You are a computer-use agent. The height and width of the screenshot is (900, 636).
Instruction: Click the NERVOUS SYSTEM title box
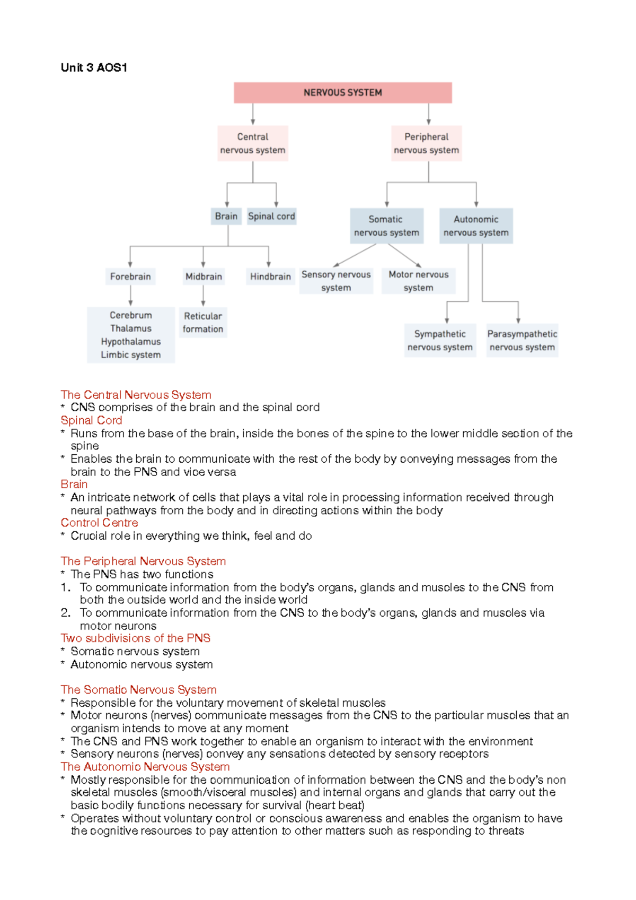[342, 92]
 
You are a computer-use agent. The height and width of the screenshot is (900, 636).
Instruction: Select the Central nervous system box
[253, 143]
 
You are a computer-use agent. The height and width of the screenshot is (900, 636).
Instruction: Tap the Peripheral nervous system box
[426, 143]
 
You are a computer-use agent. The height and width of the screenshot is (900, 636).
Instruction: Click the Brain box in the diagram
[226, 216]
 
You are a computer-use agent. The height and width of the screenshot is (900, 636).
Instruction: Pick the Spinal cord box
[271, 216]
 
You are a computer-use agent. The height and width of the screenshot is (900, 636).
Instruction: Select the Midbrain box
[204, 276]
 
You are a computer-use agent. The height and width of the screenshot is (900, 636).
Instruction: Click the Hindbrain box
[270, 276]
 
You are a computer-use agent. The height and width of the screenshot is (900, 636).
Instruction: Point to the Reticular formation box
[203, 322]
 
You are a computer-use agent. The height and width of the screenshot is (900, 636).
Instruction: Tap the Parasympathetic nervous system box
[522, 340]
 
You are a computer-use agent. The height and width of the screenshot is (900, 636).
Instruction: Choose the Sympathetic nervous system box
[440, 340]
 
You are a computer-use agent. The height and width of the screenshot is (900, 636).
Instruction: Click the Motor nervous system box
[418, 281]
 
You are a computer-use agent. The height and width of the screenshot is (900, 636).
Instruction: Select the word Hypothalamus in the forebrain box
[131, 342]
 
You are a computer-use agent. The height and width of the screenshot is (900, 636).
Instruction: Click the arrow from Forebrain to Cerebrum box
[130, 296]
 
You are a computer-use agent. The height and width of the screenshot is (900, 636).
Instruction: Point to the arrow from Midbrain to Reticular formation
[203, 296]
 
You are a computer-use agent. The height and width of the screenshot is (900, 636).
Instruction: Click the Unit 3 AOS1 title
[94, 67]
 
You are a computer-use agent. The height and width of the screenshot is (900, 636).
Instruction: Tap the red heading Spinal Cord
[91, 420]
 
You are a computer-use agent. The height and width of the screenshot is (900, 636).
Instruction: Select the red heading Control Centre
[99, 523]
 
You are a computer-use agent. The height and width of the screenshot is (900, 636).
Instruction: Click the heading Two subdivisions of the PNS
[135, 638]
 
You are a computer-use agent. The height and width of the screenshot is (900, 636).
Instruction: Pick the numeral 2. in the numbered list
[65, 613]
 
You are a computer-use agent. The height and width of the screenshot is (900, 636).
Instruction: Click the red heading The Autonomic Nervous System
[145, 767]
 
